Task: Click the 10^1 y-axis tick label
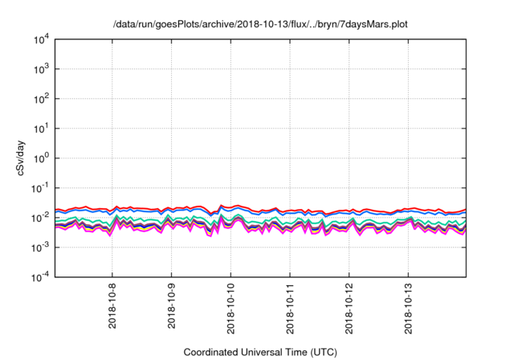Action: pos(43,129)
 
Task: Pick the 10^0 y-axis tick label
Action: pos(43,158)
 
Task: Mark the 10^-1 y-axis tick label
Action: pos(41,188)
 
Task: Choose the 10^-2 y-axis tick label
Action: pos(41,218)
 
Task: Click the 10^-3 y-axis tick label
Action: pos(41,247)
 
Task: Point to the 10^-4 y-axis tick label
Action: pos(41,277)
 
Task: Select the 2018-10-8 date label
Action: pos(112,309)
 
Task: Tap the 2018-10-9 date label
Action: pos(171,309)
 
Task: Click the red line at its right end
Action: pos(464,210)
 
